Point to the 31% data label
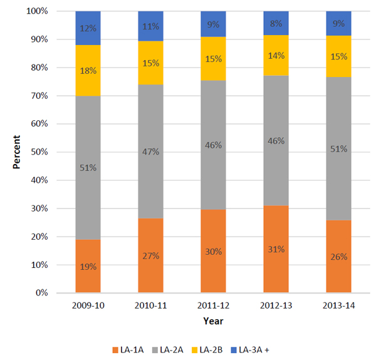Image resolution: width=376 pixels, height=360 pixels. pyautogui.click(x=276, y=249)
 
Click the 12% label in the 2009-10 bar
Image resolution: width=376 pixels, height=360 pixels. pyautogui.click(x=88, y=28)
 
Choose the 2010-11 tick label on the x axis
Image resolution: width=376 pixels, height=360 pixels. pyautogui.click(x=150, y=305)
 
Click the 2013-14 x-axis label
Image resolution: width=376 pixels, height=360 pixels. pyautogui.click(x=338, y=305)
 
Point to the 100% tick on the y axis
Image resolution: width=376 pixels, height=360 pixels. pyautogui.click(x=48, y=11)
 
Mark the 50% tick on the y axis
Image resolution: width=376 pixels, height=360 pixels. pyautogui.click(x=50, y=152)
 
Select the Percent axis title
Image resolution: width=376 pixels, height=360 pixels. pyautogui.click(x=18, y=152)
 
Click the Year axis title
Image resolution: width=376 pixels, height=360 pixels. pyautogui.click(x=212, y=321)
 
